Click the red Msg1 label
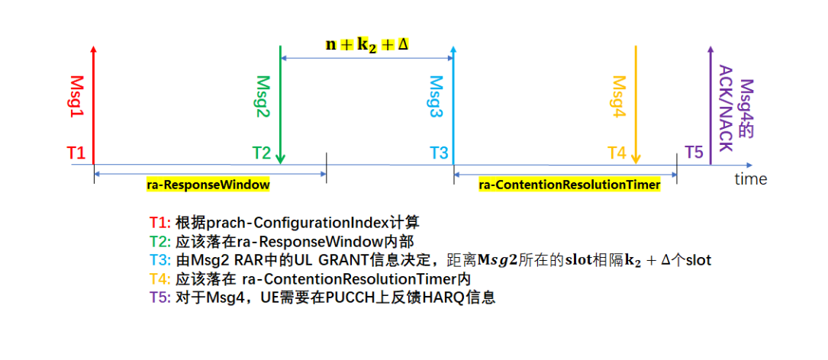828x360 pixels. tap(77, 96)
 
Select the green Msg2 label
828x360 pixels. tap(263, 96)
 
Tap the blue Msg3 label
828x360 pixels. tap(436, 96)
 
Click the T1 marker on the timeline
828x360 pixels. tap(76, 153)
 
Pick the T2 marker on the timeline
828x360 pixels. tap(262, 153)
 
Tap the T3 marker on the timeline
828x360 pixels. tap(439, 153)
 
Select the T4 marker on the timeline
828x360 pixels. tap(617, 153)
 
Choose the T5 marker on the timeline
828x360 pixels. tap(694, 153)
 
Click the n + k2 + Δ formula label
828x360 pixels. tap(368, 43)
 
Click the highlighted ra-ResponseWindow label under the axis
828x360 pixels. tap(208, 185)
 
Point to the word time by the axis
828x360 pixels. tap(750, 180)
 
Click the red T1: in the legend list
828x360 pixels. tap(160, 223)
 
